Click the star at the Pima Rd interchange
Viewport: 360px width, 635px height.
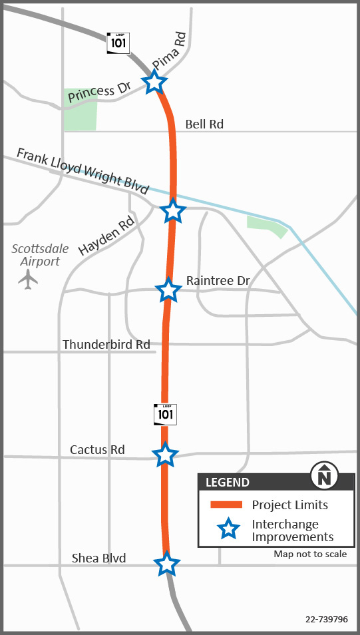click(x=154, y=83)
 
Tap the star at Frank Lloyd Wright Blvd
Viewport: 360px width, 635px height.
click(x=173, y=210)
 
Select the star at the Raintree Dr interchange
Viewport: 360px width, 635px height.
click(x=168, y=290)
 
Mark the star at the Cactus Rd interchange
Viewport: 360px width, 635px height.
click(x=165, y=455)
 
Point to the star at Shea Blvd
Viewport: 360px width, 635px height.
click(x=167, y=564)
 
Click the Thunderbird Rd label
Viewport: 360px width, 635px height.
click(x=106, y=344)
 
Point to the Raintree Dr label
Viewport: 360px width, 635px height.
click(x=218, y=281)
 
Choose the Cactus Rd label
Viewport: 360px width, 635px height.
click(x=97, y=450)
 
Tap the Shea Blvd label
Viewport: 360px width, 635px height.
click(x=98, y=558)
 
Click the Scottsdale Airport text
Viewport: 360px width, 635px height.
click(x=40, y=255)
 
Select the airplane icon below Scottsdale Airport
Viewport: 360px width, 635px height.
click(x=28, y=279)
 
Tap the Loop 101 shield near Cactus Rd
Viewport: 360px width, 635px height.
click(x=165, y=413)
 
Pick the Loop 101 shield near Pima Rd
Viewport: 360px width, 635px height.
click(x=118, y=43)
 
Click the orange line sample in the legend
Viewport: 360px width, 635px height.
click(x=226, y=505)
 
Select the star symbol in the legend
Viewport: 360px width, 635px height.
click(x=228, y=529)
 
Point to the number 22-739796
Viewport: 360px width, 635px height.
click(x=327, y=619)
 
